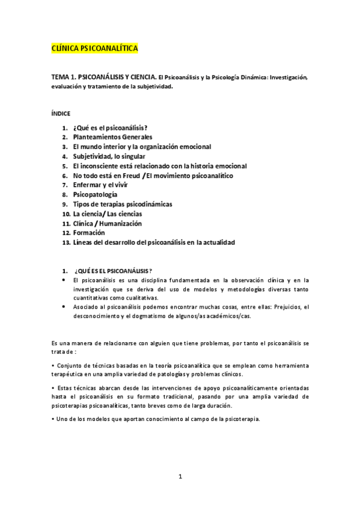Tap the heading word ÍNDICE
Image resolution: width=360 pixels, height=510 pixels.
(61, 112)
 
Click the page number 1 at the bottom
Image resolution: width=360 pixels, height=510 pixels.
(180, 477)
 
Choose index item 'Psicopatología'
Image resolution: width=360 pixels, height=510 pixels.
(95, 195)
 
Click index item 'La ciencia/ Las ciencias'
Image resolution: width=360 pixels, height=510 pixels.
(108, 214)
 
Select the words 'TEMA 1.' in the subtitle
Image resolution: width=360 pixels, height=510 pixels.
(64, 78)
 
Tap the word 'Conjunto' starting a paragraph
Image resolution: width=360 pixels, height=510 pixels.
(69, 366)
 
